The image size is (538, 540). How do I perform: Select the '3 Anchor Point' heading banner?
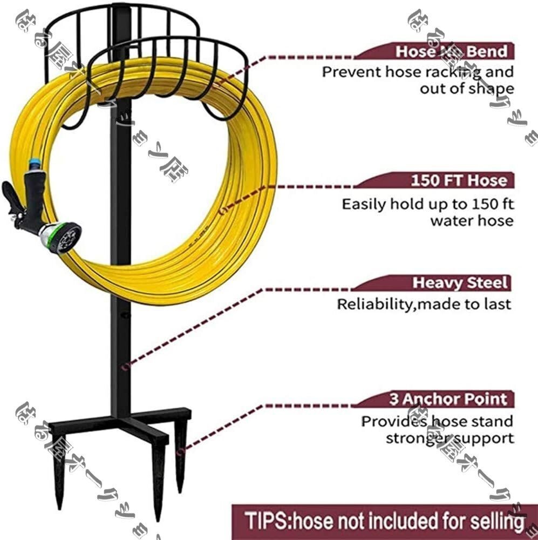click(x=448, y=400)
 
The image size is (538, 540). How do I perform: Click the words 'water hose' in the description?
click(x=471, y=221)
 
